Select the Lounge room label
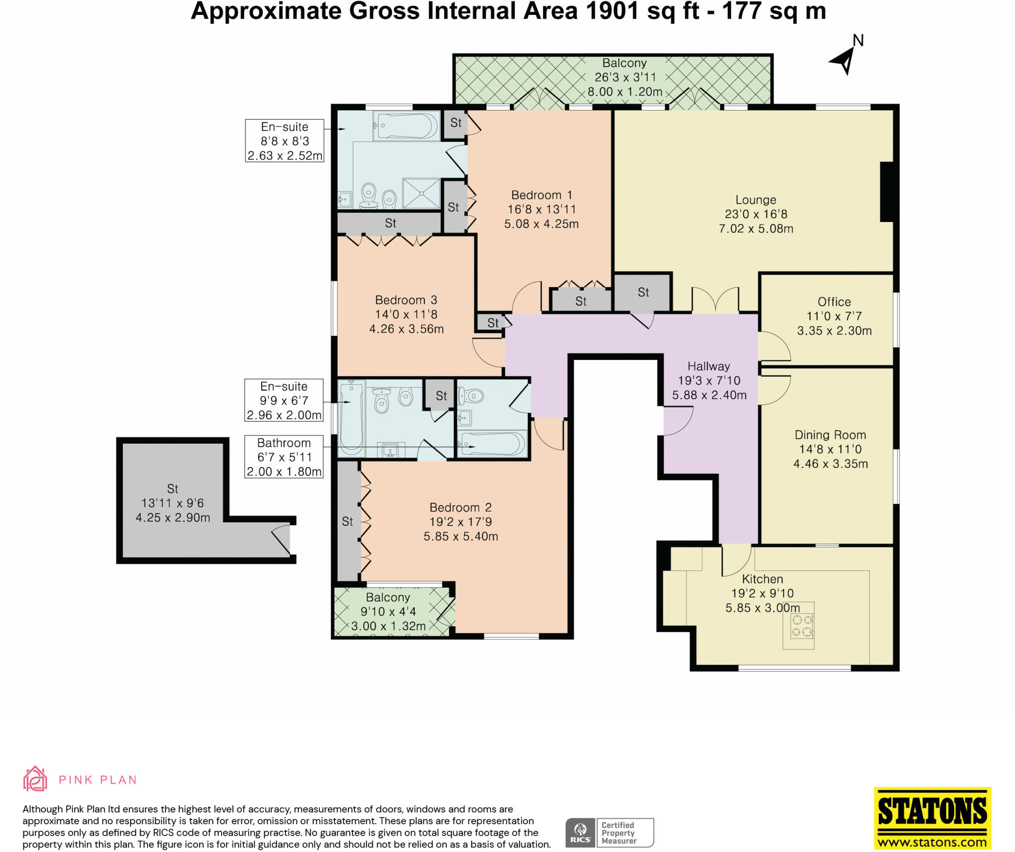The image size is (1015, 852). click(756, 200)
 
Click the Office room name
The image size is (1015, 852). click(834, 302)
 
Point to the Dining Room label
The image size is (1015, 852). click(830, 435)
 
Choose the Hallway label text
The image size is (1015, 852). click(709, 366)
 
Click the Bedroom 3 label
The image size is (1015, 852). click(406, 300)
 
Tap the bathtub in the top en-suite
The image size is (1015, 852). click(406, 125)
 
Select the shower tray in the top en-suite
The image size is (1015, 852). click(421, 193)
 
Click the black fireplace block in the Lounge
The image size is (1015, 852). click(887, 191)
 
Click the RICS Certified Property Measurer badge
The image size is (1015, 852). click(610, 833)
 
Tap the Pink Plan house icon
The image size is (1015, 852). click(35, 779)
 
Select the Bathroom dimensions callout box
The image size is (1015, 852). click(284, 457)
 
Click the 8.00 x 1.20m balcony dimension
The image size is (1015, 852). click(625, 92)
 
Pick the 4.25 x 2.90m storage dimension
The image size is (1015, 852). click(173, 517)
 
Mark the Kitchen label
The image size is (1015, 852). click(762, 579)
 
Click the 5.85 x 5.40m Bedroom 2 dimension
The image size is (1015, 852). click(461, 536)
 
